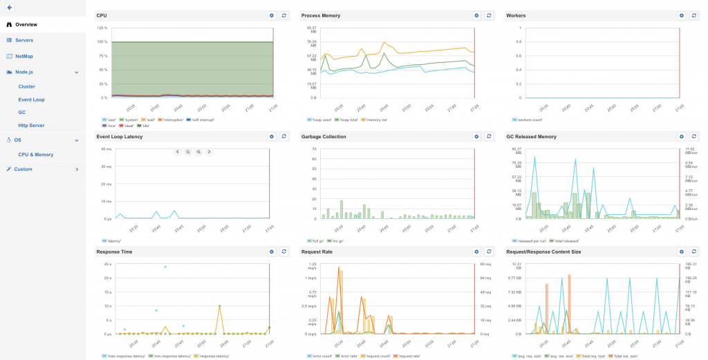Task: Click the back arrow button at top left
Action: [x=10, y=7]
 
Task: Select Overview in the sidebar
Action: [x=26, y=24]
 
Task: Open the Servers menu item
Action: [x=24, y=40]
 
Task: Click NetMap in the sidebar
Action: [x=24, y=56]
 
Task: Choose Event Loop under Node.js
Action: [x=31, y=100]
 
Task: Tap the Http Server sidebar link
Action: [x=31, y=125]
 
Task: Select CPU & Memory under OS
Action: [x=36, y=155]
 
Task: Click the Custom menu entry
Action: [x=23, y=169]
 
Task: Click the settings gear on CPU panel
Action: [x=272, y=15]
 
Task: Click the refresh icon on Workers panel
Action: [x=694, y=15]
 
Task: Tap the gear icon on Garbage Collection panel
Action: [x=476, y=137]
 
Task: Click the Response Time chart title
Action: [x=111, y=252]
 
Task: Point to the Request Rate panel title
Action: [x=317, y=252]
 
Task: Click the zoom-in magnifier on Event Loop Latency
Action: [x=198, y=152]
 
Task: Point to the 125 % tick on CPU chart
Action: [x=102, y=28]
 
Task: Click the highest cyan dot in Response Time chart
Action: [x=165, y=267]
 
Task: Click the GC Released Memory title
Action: [x=531, y=137]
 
